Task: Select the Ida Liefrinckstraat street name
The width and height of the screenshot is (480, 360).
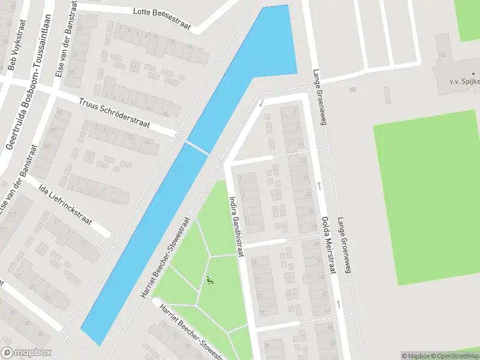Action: [65, 205]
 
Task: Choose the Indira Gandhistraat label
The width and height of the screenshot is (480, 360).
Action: [235, 226]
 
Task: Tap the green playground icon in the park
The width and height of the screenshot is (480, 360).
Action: [210, 280]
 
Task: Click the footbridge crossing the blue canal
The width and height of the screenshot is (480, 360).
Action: [199, 148]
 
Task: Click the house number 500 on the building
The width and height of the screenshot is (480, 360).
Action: [443, 55]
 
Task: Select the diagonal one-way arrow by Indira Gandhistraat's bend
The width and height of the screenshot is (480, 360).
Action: [262, 104]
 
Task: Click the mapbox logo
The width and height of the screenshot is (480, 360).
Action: [26, 353]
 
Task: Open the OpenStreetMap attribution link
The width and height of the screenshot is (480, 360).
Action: [455, 356]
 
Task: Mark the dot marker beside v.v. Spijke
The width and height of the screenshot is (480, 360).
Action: [473, 74]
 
